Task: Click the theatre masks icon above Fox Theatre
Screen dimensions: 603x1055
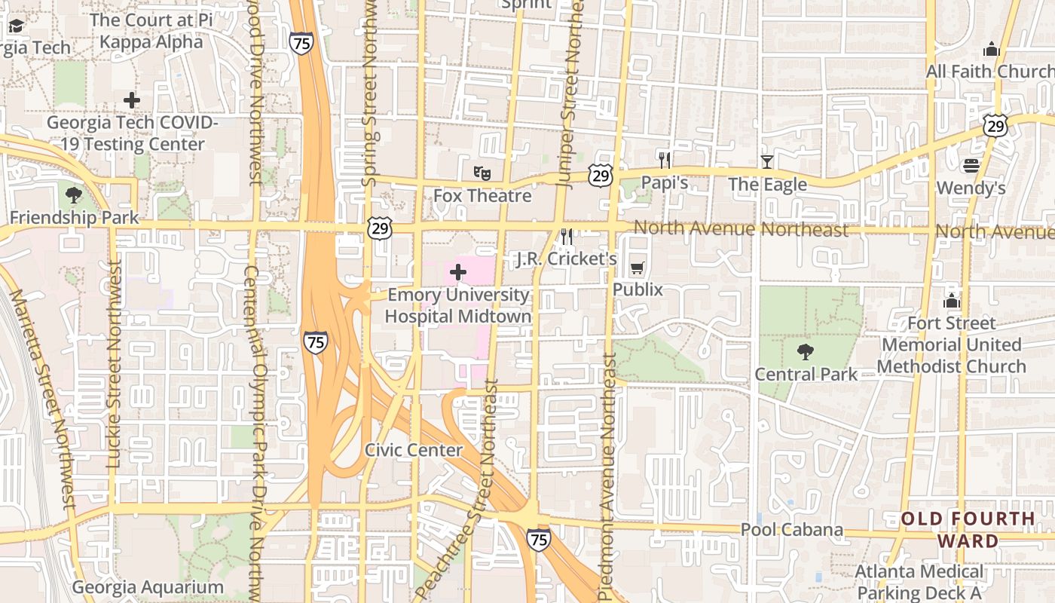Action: tap(482, 173)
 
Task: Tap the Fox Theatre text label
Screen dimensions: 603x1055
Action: tap(482, 196)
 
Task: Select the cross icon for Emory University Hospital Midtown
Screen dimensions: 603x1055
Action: tap(458, 272)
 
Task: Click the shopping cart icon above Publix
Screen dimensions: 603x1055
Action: tap(637, 268)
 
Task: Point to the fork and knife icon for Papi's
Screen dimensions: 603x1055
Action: tap(664, 160)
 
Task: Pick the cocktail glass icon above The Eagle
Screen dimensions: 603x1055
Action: tap(766, 161)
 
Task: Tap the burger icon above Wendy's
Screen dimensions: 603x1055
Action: tap(971, 165)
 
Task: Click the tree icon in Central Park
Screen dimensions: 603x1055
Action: tap(806, 351)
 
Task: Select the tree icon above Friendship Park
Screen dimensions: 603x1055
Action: tap(73, 195)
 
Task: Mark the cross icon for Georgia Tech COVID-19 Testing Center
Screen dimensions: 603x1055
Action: tap(132, 99)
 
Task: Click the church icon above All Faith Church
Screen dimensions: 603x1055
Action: tap(991, 49)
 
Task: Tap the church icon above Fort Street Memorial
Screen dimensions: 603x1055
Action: tap(952, 301)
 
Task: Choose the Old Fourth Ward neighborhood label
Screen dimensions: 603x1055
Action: tap(968, 529)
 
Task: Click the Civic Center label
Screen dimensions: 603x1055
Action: tap(414, 450)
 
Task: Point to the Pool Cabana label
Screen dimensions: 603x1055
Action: tap(791, 529)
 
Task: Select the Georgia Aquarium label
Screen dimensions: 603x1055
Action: tap(148, 587)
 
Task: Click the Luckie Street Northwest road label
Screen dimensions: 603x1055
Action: tap(114, 365)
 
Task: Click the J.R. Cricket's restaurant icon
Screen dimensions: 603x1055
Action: tap(567, 237)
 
